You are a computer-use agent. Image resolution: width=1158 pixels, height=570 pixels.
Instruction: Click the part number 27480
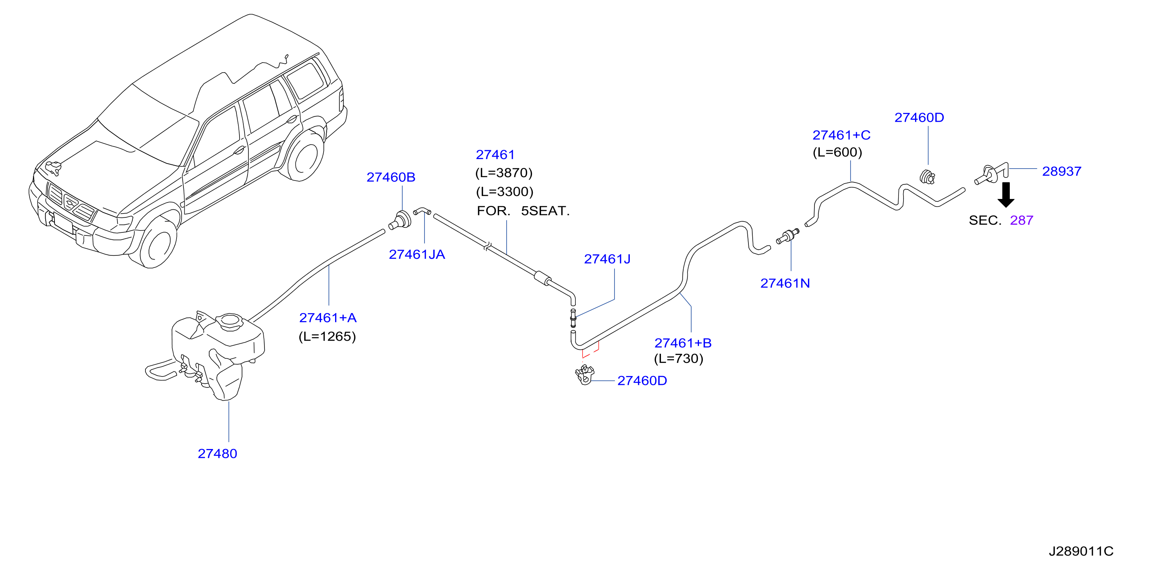click(x=217, y=454)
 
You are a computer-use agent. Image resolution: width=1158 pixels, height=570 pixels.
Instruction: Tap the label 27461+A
click(x=328, y=318)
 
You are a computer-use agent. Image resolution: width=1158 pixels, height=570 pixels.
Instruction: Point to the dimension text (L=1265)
click(x=327, y=336)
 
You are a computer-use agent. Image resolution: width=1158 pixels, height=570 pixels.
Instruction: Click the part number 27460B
click(x=391, y=177)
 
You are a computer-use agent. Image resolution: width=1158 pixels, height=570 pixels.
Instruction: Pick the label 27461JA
click(x=417, y=255)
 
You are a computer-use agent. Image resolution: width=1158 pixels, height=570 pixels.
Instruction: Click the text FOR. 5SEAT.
click(x=523, y=211)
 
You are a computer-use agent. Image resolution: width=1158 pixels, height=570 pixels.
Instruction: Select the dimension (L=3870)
click(x=504, y=173)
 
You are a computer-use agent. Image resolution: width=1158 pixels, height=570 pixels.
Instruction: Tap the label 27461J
click(x=607, y=259)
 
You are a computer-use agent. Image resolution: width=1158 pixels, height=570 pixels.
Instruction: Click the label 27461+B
click(x=683, y=343)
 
